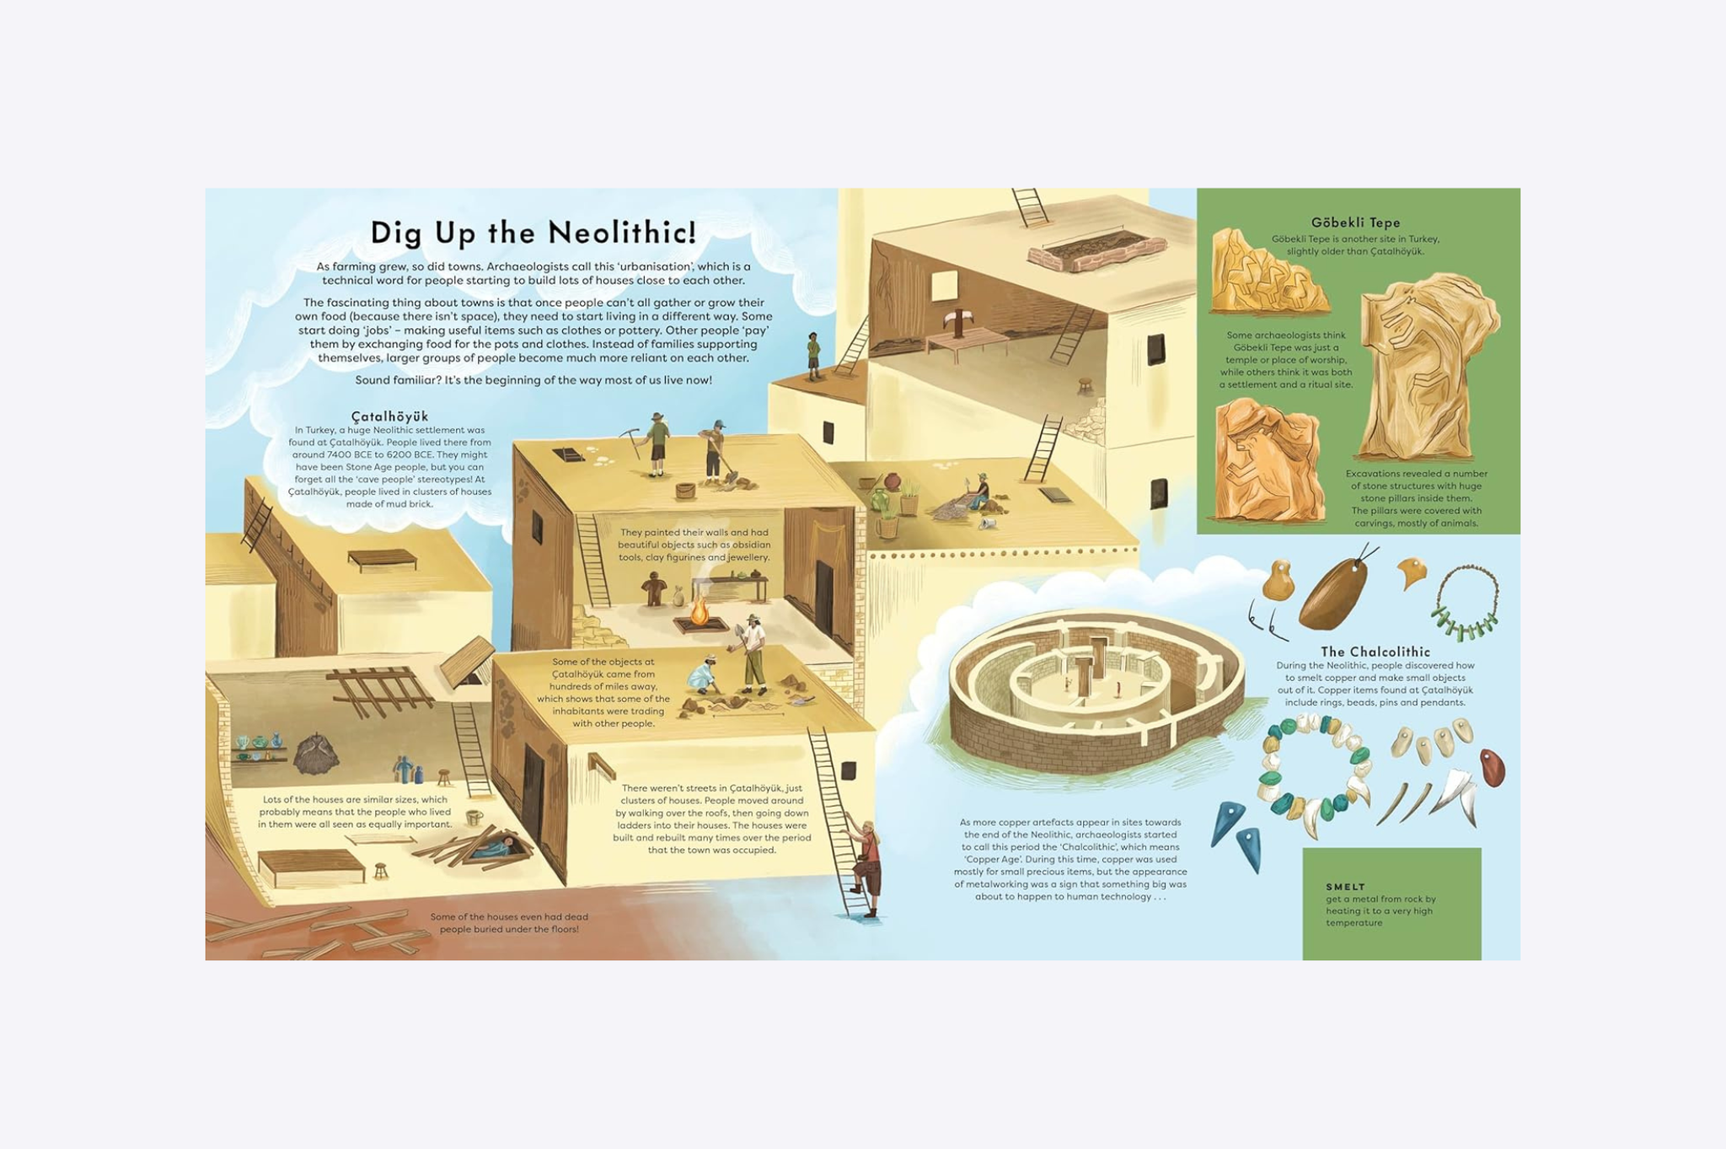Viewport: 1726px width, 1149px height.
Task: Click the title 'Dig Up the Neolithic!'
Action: pyautogui.click(x=533, y=233)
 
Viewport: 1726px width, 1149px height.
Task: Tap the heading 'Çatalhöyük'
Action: pyautogui.click(x=389, y=416)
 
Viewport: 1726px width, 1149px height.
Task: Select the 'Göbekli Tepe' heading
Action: pyautogui.click(x=1355, y=223)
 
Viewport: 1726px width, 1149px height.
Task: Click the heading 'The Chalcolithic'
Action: pyautogui.click(x=1375, y=652)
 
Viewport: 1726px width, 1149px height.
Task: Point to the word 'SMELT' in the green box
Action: pyautogui.click(x=1345, y=887)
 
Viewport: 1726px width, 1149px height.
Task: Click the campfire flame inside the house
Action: pyautogui.click(x=699, y=611)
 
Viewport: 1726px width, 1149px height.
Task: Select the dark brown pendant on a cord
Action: pyautogui.click(x=1332, y=593)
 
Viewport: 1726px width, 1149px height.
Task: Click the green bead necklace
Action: pyautogui.click(x=1466, y=604)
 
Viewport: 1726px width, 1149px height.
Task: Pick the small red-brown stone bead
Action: pyautogui.click(x=1492, y=768)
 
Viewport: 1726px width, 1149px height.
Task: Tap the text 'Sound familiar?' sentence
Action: pyautogui.click(x=533, y=380)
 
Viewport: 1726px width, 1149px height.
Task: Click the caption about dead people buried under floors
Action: pyautogui.click(x=509, y=923)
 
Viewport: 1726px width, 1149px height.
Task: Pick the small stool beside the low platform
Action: pyautogui.click(x=381, y=870)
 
